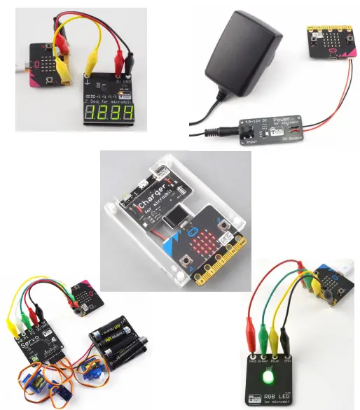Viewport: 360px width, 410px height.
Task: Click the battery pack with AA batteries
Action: coord(119,342)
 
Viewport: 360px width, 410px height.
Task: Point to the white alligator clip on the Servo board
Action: coord(22,323)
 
